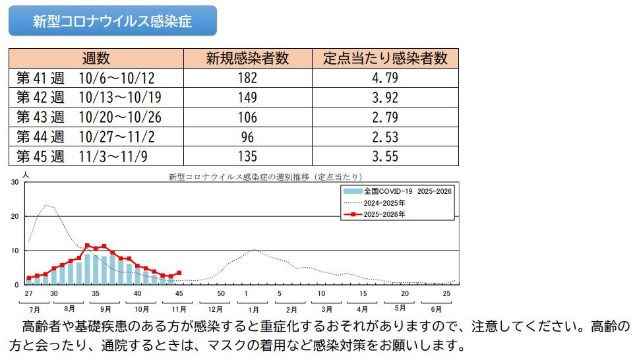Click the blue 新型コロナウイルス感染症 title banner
[x=112, y=21]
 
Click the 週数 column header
[x=96, y=58]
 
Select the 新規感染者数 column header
[x=247, y=58]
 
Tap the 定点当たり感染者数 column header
[x=385, y=58]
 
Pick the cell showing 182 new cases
[x=247, y=78]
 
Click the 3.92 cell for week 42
[x=385, y=98]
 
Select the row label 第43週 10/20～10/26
[x=89, y=117]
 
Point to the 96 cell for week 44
[x=247, y=137]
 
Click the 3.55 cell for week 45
[x=385, y=157]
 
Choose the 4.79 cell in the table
[x=385, y=78]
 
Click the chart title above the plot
[x=266, y=177]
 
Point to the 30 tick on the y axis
[x=15, y=183]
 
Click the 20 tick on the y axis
[x=15, y=217]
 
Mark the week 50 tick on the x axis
[x=221, y=293]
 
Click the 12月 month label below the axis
[x=215, y=309]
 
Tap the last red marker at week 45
[x=179, y=272]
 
